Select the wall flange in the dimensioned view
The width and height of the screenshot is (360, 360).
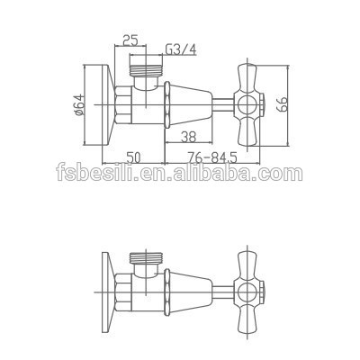106,103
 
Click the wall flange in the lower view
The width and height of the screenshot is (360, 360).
106,288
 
